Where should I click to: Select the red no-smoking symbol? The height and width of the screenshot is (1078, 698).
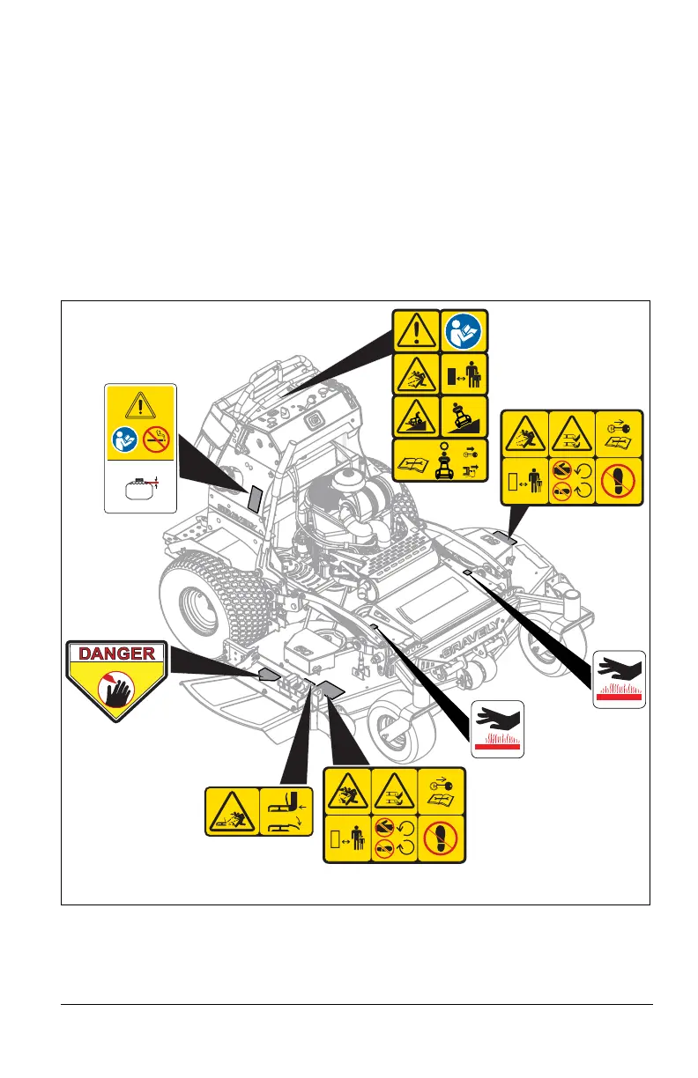pos(155,440)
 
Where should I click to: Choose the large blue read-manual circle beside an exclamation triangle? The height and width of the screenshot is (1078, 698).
pos(463,329)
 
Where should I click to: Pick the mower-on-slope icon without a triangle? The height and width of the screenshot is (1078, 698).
pos(463,415)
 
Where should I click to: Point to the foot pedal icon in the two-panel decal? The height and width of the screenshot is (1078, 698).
pos(283,809)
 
